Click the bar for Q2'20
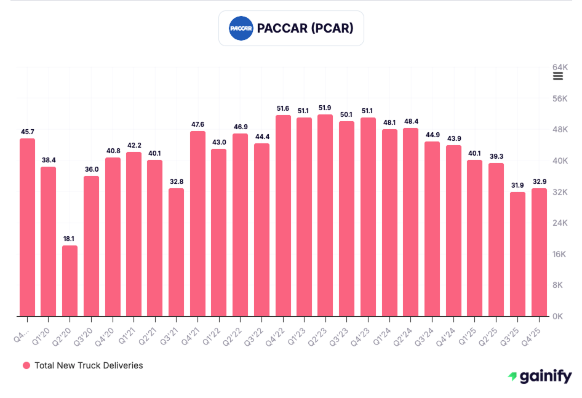[x=70, y=281]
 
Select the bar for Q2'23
[x=325, y=215]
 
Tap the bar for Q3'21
[x=177, y=252]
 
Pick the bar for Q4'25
[x=539, y=252]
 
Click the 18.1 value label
[x=70, y=239]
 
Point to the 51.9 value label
[x=325, y=108]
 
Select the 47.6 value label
[x=197, y=124]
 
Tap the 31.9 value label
[x=518, y=185]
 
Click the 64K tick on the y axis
[x=559, y=66]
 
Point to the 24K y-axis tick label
[x=559, y=223]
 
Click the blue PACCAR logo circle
[x=241, y=28]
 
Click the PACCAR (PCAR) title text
[x=305, y=28]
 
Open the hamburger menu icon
[x=558, y=76]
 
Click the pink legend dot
[x=26, y=365]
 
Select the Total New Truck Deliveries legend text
[x=89, y=365]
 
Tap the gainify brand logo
[x=540, y=376]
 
